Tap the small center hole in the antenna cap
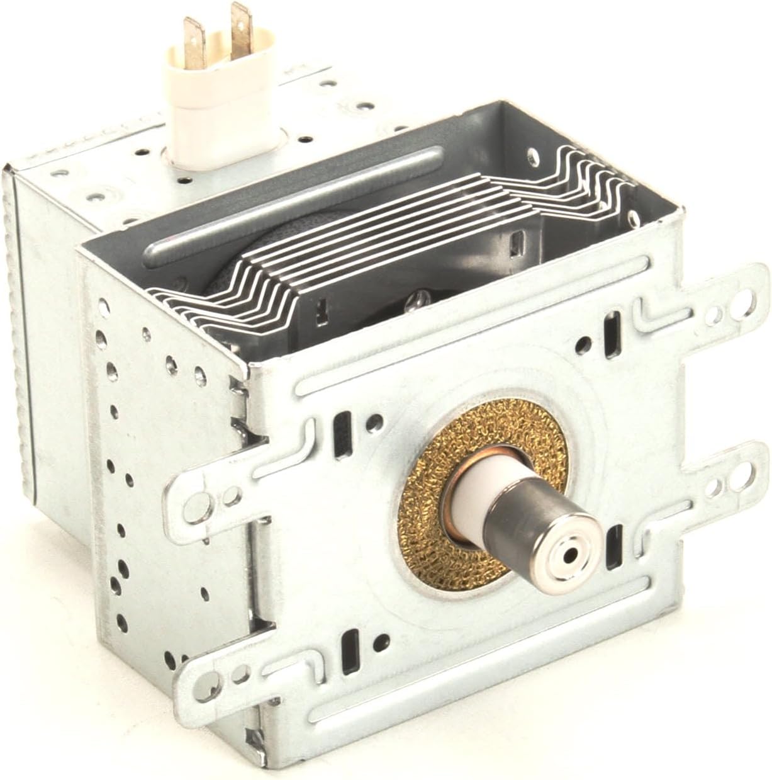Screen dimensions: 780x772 (570, 555)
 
